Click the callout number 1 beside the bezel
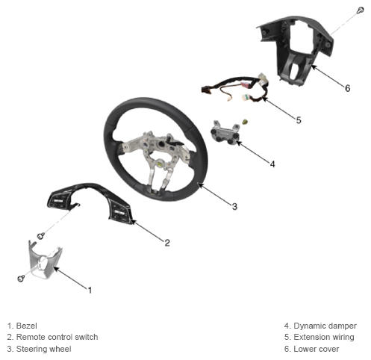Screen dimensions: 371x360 coord(90,290)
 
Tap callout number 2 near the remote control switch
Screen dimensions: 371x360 coord(167,243)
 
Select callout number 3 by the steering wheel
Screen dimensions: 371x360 coord(234,206)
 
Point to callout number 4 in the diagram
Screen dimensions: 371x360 coord(272,164)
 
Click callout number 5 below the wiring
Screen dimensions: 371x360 coord(299,120)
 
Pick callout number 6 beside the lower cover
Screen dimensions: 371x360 coord(348,88)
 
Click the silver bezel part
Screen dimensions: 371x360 coord(43,260)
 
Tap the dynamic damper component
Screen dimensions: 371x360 coord(225,133)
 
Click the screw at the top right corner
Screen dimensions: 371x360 coord(361,10)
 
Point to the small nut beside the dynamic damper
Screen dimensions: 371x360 coord(245,122)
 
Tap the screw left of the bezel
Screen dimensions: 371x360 coord(21,278)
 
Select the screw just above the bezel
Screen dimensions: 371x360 coord(40,235)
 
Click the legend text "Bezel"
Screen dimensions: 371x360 coord(26,326)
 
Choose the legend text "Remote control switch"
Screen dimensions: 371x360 coord(57,337)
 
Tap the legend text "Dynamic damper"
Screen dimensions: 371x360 coord(325,326)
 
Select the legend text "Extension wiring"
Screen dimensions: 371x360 coord(324,337)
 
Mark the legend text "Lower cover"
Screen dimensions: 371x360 coord(316,349)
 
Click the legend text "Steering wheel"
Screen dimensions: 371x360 coord(43,349)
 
